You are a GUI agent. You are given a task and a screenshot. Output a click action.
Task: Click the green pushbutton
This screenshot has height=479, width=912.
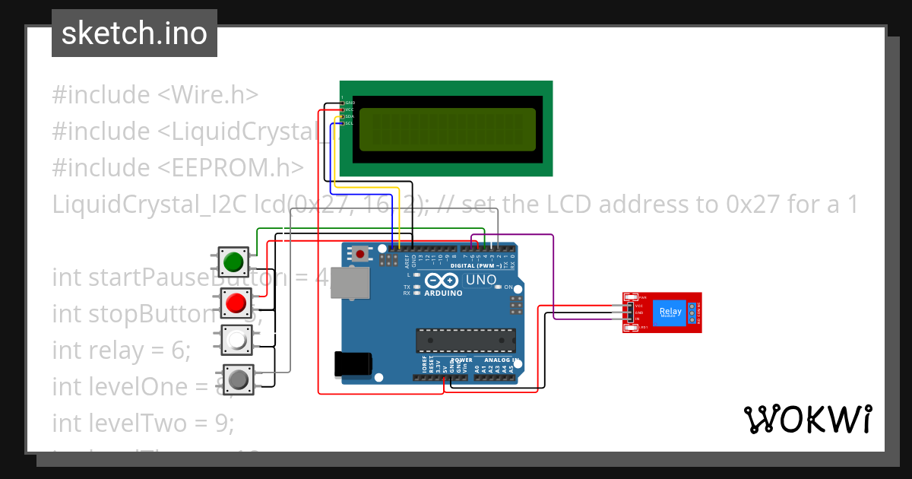click(x=233, y=262)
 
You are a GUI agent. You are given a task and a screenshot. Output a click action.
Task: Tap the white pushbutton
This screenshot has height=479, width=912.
click(x=236, y=341)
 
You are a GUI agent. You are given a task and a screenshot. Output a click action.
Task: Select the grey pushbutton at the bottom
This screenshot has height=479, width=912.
click(x=239, y=379)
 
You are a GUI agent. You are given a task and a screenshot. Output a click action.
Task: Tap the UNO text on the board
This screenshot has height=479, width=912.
click(x=480, y=281)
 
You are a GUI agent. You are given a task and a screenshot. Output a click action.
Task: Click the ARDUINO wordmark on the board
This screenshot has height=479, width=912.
click(x=443, y=293)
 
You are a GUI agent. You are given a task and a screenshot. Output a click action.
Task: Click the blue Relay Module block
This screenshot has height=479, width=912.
click(x=670, y=312)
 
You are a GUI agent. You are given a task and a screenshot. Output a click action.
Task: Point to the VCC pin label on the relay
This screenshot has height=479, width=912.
click(x=639, y=306)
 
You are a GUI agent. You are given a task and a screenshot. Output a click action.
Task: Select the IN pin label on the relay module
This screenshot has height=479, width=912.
click(x=638, y=319)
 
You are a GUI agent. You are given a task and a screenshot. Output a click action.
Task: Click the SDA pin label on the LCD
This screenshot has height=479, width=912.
click(x=349, y=116)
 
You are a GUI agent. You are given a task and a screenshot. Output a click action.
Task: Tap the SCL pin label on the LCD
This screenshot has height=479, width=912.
click(x=349, y=123)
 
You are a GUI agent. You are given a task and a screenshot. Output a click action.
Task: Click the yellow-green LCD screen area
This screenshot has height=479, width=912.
click(x=447, y=128)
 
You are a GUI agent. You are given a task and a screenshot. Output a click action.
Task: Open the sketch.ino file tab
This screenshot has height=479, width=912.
click(x=135, y=33)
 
